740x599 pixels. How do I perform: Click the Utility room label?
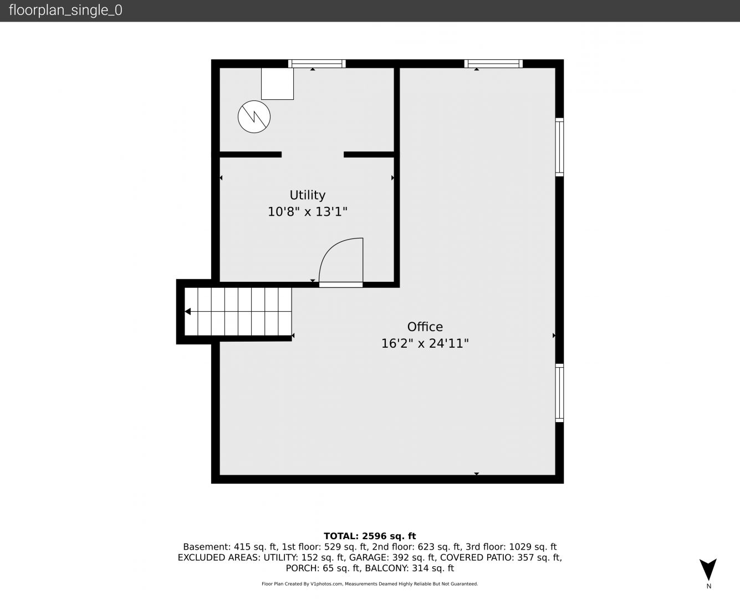(x=308, y=195)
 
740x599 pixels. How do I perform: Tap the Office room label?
(x=425, y=327)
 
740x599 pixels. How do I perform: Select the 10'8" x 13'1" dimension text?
(x=308, y=211)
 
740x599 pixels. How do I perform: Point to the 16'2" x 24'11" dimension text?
(x=425, y=343)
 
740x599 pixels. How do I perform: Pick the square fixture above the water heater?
(x=277, y=84)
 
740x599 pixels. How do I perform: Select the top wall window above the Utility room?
(x=317, y=64)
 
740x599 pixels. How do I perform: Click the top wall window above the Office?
(x=493, y=64)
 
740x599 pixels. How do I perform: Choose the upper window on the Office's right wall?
(x=559, y=147)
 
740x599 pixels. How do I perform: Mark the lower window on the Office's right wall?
(x=559, y=393)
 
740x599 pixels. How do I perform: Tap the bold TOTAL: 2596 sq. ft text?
(x=370, y=536)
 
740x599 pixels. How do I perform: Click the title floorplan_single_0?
(x=65, y=11)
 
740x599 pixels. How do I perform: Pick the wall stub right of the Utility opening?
(x=369, y=154)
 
